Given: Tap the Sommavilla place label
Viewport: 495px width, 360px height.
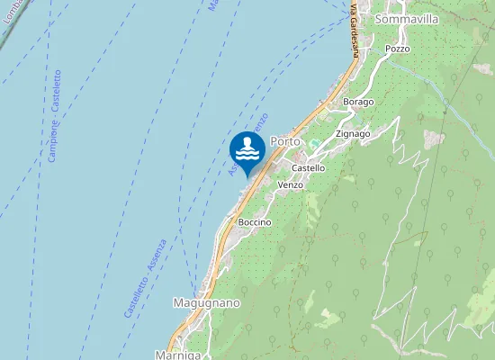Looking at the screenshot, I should point(407,19).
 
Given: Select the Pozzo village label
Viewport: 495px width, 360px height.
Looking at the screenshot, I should point(397,49).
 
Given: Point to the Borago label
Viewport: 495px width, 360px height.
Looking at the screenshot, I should point(358,102).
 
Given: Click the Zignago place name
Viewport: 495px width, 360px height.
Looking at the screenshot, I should point(353,134).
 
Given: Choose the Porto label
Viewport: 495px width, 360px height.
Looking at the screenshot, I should point(284,141).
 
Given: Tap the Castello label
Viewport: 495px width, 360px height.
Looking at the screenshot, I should point(309,168).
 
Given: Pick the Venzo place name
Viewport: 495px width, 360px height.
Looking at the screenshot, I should point(291,184).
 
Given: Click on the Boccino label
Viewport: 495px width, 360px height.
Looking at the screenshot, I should point(255,221).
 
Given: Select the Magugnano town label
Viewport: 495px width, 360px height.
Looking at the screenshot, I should point(206,303).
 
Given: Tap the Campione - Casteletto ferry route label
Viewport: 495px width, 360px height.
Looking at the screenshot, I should point(55,117).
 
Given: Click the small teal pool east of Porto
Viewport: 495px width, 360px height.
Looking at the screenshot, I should point(314,144).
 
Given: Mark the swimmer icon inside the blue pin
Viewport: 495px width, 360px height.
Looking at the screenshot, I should point(247,147).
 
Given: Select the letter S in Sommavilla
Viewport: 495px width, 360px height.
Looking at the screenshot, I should point(381,19).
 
